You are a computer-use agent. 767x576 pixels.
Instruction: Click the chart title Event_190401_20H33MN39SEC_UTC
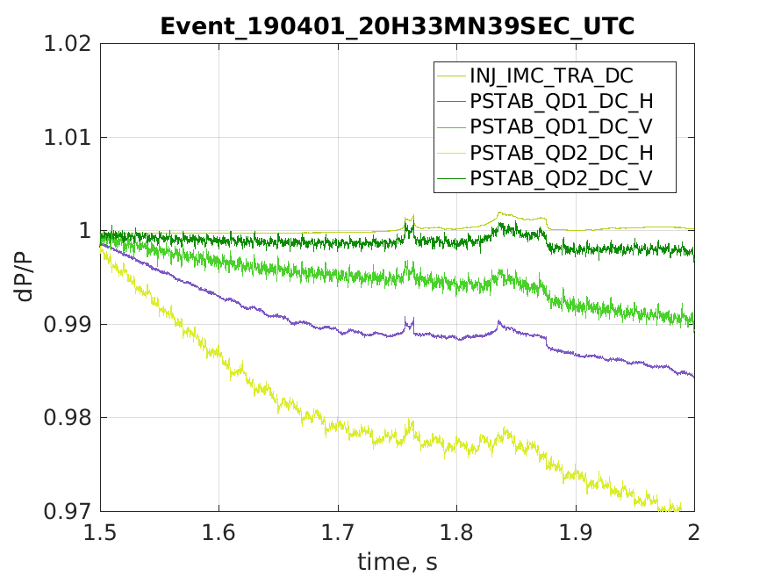(397, 26)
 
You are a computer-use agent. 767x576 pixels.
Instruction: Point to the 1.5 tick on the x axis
(100, 532)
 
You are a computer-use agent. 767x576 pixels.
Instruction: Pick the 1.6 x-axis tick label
(219, 532)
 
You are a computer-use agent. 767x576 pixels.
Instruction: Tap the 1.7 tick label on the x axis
(338, 532)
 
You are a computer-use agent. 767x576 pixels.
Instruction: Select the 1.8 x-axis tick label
(456, 532)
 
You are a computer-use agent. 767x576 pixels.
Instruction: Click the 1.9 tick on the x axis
(576, 532)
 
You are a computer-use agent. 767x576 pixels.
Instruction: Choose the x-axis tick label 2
(694, 532)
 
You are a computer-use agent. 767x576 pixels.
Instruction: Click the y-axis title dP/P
(26, 277)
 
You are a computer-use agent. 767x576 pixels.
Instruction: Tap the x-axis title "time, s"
(397, 561)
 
